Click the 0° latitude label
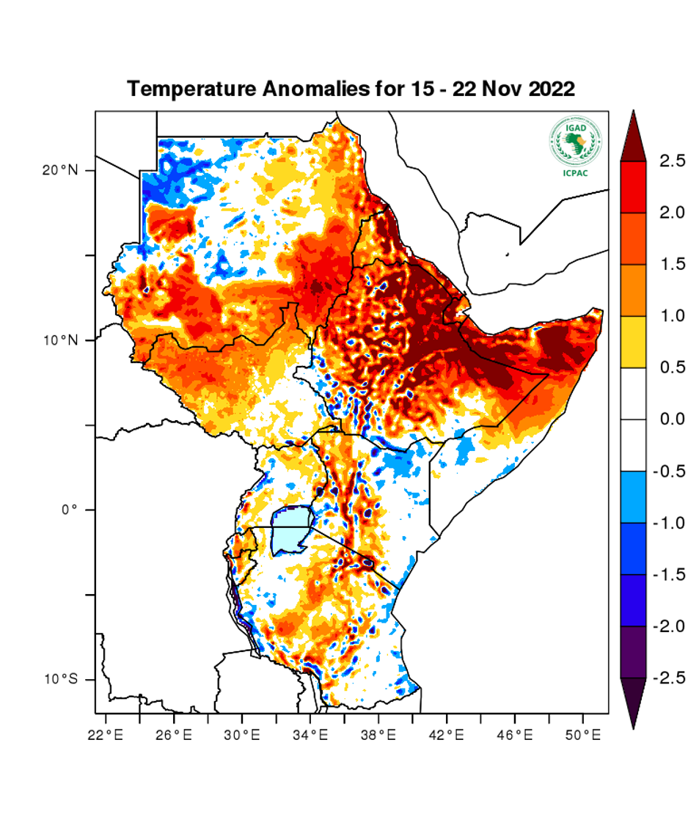point(69,510)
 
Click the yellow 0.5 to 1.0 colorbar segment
point(633,342)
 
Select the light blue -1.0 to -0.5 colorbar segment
point(633,496)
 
